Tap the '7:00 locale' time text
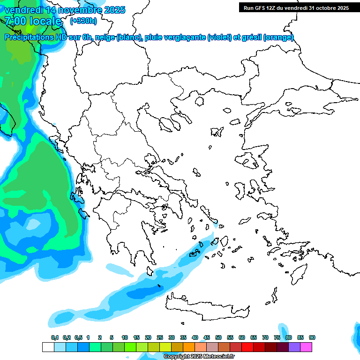click(x=33, y=21)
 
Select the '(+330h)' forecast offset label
click(x=83, y=21)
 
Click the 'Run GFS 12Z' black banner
click(x=296, y=7)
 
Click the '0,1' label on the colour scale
click(x=55, y=337)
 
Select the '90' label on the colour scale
click(x=312, y=337)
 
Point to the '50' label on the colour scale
click(x=218, y=337)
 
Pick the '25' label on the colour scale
click(x=160, y=337)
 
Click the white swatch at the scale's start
click(x=48, y=347)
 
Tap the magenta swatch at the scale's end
click(x=306, y=347)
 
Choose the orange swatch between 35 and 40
click(x=189, y=347)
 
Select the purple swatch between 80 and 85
click(x=294, y=347)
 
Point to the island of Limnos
click(x=216, y=132)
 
